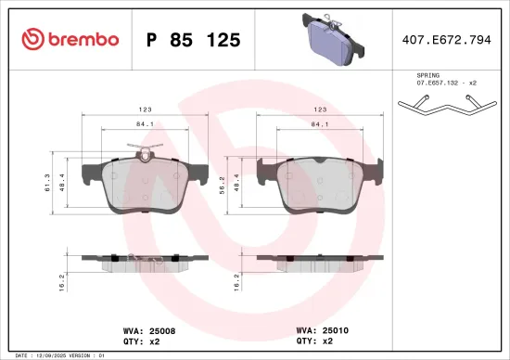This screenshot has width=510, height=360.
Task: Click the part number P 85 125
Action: tap(194, 39)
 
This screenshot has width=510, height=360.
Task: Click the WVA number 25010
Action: tap(335, 328)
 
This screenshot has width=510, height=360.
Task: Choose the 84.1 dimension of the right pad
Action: tap(317, 123)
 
